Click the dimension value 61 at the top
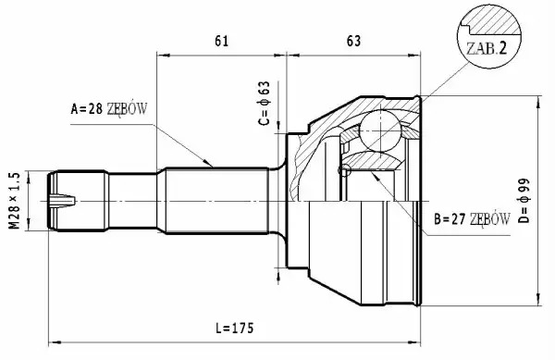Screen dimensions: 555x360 222,41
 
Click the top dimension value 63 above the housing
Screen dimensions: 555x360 353,41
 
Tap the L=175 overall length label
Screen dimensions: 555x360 235,329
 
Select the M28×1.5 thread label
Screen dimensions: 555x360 15,201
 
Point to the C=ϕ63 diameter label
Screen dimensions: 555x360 264,104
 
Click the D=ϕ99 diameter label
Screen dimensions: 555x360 524,200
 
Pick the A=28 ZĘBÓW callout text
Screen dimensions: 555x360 108,109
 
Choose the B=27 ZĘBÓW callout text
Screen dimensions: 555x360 472,219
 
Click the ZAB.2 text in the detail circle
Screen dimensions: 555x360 487,48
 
